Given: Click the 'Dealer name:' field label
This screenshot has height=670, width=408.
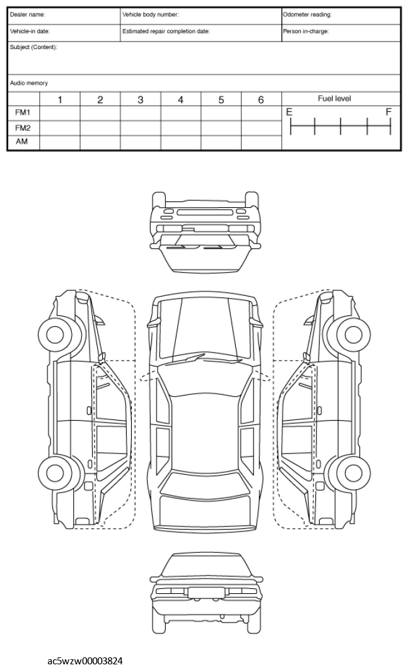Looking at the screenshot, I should [x=27, y=14].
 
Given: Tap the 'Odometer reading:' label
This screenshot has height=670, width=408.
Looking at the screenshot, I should [x=307, y=14].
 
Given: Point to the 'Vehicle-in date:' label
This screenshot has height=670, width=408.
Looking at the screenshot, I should [x=30, y=31].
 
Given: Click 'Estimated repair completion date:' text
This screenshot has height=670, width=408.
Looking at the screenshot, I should [x=166, y=31].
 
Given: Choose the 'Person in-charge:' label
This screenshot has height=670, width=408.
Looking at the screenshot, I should [x=305, y=31].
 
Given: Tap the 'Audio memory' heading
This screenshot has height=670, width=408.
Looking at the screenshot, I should [x=29, y=83].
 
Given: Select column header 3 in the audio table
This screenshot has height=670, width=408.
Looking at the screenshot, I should [x=141, y=99].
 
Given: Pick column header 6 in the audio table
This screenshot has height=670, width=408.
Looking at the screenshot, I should [x=261, y=99].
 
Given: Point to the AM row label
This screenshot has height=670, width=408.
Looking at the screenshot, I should [x=21, y=142].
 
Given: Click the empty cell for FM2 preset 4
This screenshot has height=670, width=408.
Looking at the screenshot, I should [x=180, y=127].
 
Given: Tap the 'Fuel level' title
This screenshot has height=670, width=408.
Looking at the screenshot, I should [x=334, y=99].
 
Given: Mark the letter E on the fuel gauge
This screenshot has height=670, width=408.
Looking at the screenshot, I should [x=289, y=112].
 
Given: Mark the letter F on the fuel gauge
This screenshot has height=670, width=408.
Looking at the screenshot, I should [x=389, y=112].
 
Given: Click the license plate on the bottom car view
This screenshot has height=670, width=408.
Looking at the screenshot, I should [x=204, y=592].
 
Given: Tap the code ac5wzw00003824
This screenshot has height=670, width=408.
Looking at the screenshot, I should [x=86, y=661].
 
